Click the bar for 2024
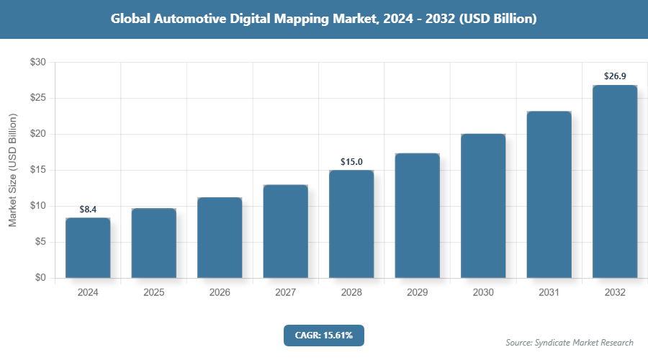click(88, 248)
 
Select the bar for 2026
click(220, 238)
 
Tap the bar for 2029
click(417, 215)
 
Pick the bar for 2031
click(549, 194)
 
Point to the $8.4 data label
click(88, 210)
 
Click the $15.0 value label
click(351, 162)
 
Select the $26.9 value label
click(615, 76)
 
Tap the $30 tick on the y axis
click(37, 63)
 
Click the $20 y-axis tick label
click(37, 134)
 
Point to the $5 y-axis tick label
click(40, 242)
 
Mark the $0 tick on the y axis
click(40, 278)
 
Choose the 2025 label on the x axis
click(153, 293)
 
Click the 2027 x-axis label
click(285, 293)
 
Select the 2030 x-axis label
click(483, 293)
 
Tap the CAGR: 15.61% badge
click(324, 336)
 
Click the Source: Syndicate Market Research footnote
click(570, 343)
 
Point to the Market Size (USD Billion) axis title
click(12, 171)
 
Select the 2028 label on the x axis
click(351, 293)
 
